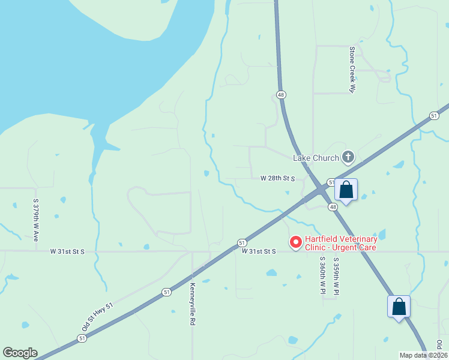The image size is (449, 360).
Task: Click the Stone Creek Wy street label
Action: (x=353, y=70)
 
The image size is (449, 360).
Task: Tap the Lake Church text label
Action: (x=315, y=158)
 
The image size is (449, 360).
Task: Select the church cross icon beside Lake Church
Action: (x=347, y=158)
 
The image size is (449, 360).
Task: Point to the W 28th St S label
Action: (x=278, y=179)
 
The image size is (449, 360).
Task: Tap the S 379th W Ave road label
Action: (x=36, y=220)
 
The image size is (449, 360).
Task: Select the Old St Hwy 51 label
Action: (x=98, y=318)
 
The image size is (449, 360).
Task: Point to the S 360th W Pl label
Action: (x=322, y=275)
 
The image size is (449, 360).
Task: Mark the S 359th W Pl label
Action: (x=336, y=275)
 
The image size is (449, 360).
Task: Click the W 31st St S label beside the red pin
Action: (x=259, y=251)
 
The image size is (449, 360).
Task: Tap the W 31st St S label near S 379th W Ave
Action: (x=67, y=251)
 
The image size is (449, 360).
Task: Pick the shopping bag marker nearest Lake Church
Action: (x=346, y=190)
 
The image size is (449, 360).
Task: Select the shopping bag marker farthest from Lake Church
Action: (x=399, y=307)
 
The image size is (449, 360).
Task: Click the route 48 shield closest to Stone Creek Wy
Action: (x=281, y=95)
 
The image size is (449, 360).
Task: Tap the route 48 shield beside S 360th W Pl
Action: (x=333, y=207)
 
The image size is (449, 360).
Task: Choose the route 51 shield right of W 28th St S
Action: (x=331, y=182)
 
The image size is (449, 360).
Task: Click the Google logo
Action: (x=20, y=353)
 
